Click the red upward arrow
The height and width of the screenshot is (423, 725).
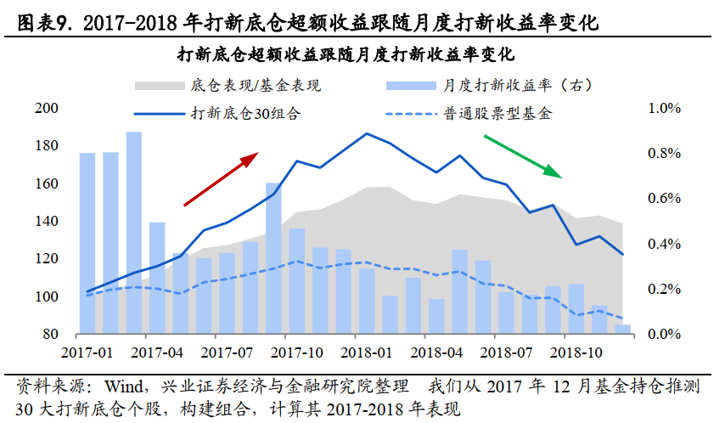pyautogui.click(x=221, y=179)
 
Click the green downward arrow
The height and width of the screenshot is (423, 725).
pyautogui.click(x=523, y=155)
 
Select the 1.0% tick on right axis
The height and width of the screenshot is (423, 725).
pyautogui.click(x=665, y=109)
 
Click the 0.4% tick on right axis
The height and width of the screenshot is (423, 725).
pyautogui.click(x=665, y=245)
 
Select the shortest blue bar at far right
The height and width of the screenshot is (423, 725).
pyautogui.click(x=622, y=330)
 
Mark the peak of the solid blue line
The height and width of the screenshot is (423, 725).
pyautogui.click(x=367, y=133)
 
